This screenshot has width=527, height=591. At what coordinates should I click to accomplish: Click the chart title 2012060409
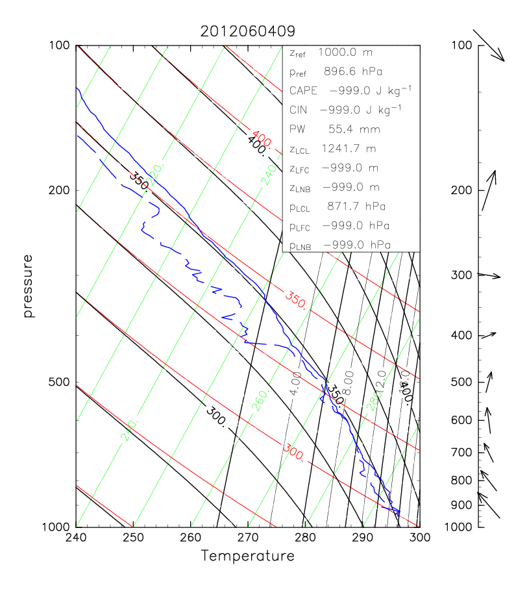(x=247, y=31)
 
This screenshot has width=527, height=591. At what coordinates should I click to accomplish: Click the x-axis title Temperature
(x=247, y=556)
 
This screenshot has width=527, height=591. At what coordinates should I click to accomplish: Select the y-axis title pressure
(x=28, y=286)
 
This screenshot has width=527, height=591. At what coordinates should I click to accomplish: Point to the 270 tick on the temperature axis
(x=248, y=538)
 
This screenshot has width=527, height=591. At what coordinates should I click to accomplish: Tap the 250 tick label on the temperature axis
(x=133, y=538)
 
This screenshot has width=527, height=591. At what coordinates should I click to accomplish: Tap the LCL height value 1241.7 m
(x=354, y=149)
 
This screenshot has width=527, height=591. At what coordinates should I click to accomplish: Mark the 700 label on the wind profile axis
(x=461, y=451)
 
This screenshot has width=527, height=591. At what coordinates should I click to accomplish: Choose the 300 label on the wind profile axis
(x=461, y=275)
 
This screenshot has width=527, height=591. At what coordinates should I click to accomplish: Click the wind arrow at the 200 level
(x=489, y=190)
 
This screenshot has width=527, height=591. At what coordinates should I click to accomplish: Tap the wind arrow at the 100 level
(x=489, y=45)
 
